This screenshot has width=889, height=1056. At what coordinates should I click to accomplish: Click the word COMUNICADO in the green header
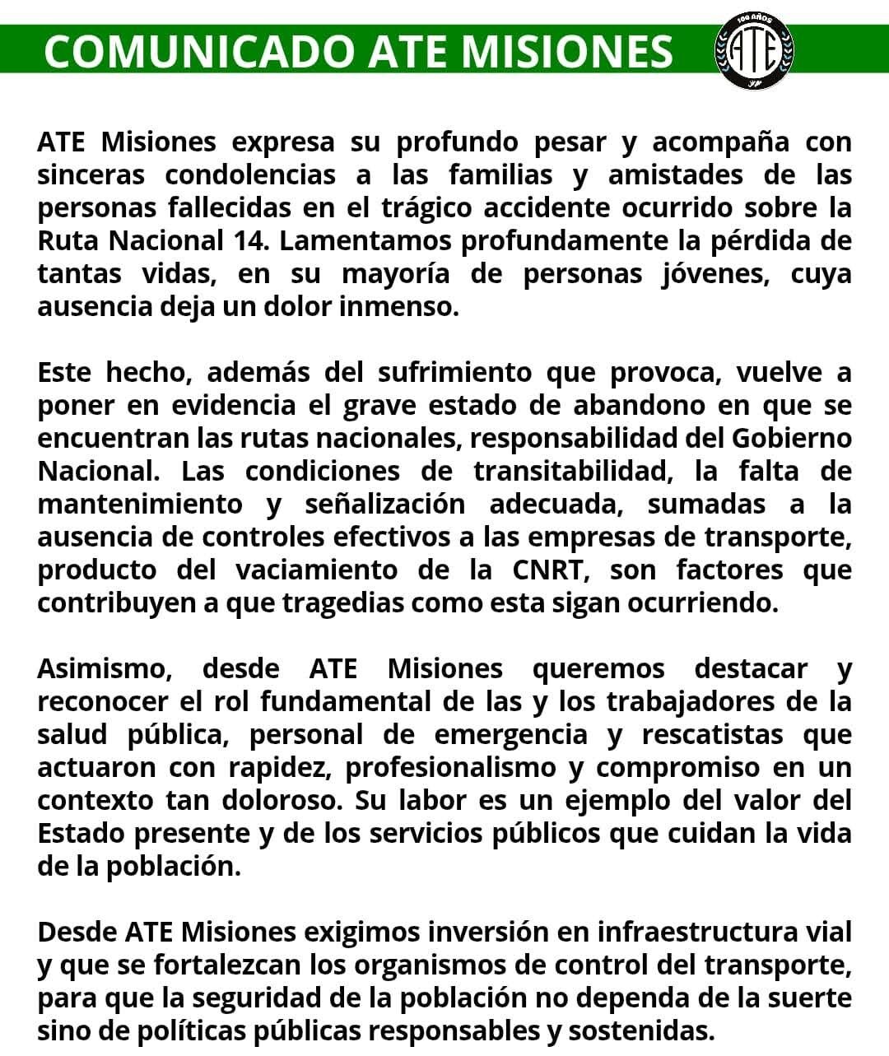(198, 51)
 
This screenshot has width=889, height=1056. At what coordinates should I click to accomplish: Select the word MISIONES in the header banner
(567, 51)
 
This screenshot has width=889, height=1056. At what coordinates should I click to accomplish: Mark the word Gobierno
(792, 438)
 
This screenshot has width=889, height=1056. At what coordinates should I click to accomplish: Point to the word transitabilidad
(569, 471)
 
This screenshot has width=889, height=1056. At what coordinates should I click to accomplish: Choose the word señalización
(384, 504)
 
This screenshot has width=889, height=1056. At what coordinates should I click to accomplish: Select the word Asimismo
(105, 668)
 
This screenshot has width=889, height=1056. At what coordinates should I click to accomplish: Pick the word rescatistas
(713, 734)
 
